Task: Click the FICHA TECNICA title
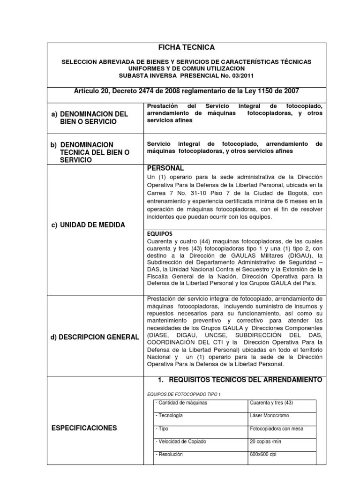click(185, 47)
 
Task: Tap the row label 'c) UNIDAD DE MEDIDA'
click(88, 225)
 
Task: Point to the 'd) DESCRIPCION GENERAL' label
click(95, 337)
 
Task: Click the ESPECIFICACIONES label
click(84, 427)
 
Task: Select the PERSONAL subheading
click(165, 168)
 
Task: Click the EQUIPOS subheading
click(160, 233)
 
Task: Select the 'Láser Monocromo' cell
click(270, 416)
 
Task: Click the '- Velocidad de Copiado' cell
click(180, 442)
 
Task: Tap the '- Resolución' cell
click(170, 455)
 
